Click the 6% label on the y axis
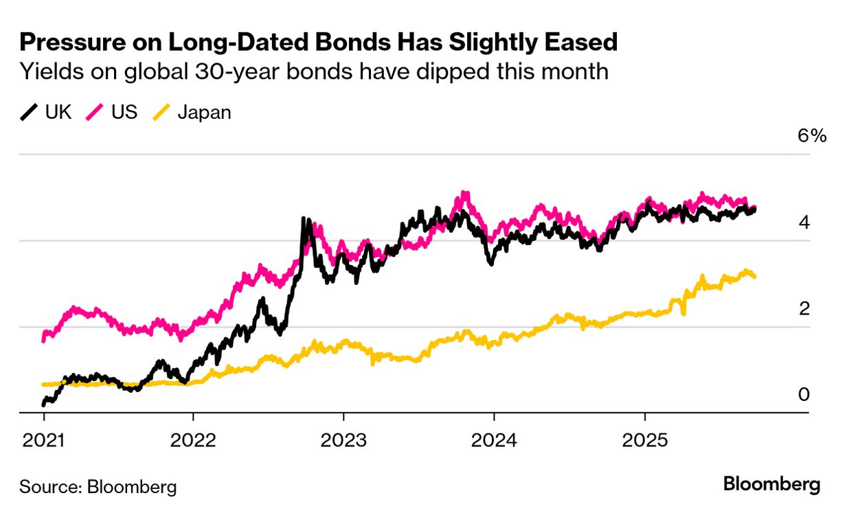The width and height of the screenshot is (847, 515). pyautogui.click(x=811, y=135)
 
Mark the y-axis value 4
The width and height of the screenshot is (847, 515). pyautogui.click(x=804, y=222)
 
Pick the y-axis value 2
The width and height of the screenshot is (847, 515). pyautogui.click(x=804, y=308)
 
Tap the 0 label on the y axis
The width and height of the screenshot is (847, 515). pyautogui.click(x=804, y=394)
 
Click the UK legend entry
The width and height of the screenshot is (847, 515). pyautogui.click(x=58, y=112)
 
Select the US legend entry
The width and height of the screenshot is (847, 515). pyautogui.click(x=124, y=112)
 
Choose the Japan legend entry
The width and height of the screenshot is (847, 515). pyautogui.click(x=204, y=112)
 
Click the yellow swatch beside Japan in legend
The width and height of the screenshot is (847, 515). pyautogui.click(x=161, y=112)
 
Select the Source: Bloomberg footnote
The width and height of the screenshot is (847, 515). pyautogui.click(x=98, y=487)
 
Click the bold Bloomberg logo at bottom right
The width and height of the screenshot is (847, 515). pyautogui.click(x=771, y=485)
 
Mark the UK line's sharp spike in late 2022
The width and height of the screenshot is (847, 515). pyautogui.click(x=304, y=220)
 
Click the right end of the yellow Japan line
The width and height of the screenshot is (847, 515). pyautogui.click(x=755, y=276)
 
